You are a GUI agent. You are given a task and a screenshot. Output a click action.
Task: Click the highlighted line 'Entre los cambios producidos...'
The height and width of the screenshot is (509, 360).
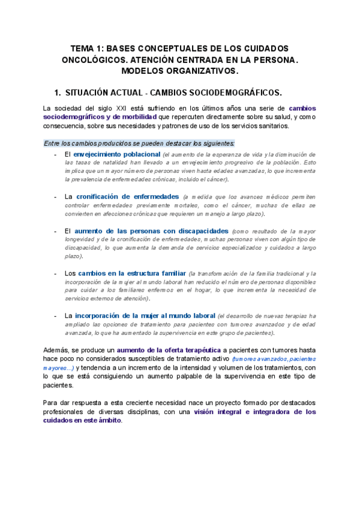(139, 143)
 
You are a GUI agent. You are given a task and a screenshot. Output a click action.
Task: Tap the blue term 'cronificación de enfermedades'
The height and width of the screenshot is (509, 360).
(127, 196)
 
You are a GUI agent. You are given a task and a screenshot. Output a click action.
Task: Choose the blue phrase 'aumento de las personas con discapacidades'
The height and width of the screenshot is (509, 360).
(151, 230)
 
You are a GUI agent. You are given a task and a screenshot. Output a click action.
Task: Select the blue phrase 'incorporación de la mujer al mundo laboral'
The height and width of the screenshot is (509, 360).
(145, 315)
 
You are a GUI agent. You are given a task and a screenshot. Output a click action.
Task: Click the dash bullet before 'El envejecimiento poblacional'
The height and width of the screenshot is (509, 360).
(55, 154)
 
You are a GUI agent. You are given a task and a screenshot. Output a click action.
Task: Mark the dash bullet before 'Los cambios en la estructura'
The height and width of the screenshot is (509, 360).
(55, 273)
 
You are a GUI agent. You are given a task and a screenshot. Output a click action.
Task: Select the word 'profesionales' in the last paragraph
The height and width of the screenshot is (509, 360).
(65, 412)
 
